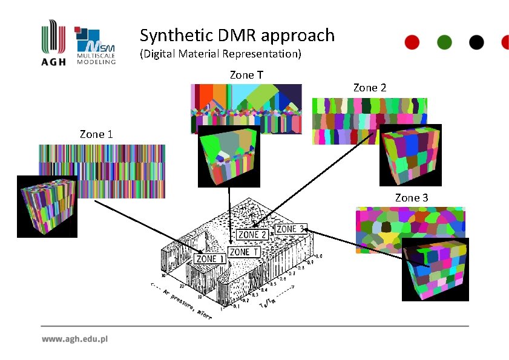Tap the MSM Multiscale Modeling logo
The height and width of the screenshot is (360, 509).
[96, 46]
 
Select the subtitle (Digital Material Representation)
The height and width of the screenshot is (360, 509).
[220, 54]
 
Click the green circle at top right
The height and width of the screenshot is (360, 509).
[444, 42]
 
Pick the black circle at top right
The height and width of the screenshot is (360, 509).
[476, 42]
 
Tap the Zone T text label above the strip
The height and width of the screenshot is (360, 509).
[246, 75]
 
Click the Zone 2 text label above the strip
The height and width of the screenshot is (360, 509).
[369, 88]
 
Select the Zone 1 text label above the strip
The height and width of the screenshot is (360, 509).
[96, 134]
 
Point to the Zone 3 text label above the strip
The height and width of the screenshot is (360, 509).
[412, 198]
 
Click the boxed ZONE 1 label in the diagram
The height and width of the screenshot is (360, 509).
[209, 259]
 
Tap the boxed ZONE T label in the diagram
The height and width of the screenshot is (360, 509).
[244, 251]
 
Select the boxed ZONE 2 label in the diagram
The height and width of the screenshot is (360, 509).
[252, 235]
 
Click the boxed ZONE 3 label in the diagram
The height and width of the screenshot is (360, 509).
[291, 229]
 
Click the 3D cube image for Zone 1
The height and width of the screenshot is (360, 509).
[47, 206]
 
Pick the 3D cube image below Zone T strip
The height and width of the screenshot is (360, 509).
[229, 156]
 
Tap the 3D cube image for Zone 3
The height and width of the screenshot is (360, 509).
[435, 269]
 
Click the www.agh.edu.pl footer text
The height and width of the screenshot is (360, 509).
[74, 339]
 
